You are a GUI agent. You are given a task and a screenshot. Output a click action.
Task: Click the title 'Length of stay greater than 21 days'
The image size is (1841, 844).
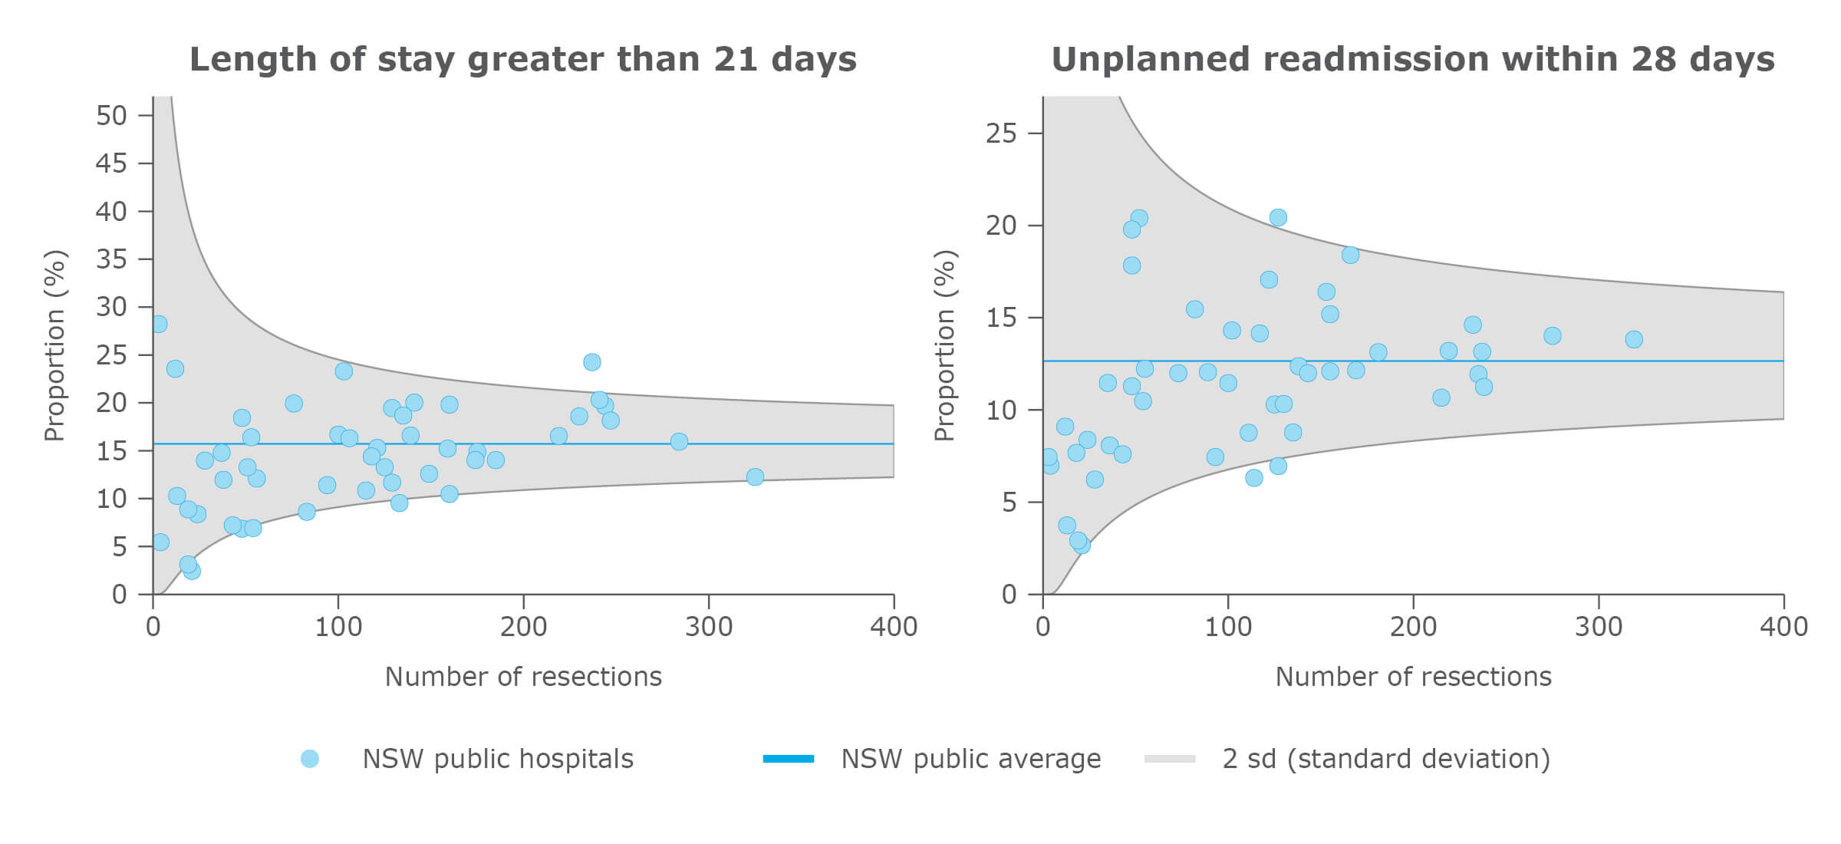(x=522, y=59)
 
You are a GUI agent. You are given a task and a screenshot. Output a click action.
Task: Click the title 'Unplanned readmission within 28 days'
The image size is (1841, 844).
(x=1412, y=59)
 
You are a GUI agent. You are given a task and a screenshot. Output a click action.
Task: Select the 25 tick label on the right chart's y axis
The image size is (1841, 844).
(x=1001, y=134)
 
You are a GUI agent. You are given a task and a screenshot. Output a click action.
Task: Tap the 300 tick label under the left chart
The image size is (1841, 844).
(x=708, y=627)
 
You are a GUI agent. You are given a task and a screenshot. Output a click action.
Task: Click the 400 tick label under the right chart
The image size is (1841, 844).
(x=1783, y=627)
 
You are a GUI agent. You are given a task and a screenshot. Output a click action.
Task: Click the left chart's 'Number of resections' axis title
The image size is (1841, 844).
(x=522, y=677)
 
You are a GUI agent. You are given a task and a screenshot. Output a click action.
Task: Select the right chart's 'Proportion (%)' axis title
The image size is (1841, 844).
(x=945, y=345)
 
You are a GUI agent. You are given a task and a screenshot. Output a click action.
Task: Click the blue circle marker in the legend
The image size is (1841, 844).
(x=309, y=759)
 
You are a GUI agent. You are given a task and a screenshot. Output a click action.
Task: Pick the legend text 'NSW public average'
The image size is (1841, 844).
(x=970, y=759)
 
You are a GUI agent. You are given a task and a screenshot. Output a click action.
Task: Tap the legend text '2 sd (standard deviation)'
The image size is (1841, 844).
(x=1385, y=759)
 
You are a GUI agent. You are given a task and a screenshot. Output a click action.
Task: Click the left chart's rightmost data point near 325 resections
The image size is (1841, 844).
(x=755, y=477)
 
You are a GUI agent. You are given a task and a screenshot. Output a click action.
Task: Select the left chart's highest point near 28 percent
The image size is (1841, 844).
(x=159, y=324)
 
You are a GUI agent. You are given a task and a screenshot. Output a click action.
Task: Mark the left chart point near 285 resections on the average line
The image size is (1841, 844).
(x=679, y=441)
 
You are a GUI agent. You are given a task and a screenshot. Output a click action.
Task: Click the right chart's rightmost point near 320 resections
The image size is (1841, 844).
(x=1634, y=339)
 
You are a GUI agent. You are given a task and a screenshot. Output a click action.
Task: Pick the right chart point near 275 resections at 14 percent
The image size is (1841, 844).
(x=1552, y=335)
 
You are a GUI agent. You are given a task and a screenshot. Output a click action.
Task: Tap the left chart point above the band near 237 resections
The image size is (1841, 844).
(x=591, y=362)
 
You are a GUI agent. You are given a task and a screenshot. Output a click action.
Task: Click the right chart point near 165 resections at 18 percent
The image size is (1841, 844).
(x=1350, y=255)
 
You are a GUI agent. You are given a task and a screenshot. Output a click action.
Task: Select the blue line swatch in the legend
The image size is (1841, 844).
(x=789, y=759)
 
